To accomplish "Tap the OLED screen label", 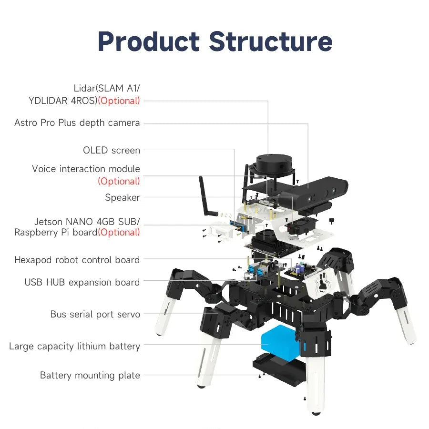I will coord(112,150).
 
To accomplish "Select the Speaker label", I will coord(123,197).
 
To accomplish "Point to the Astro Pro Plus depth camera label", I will coord(77,123).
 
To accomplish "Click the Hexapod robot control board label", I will coord(77,260).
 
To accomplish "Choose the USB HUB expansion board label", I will coord(82,282).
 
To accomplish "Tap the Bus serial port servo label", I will coord(95,314).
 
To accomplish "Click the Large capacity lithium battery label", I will coord(74,346).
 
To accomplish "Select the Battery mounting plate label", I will coord(90,375).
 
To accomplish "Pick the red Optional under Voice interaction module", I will coord(119,181).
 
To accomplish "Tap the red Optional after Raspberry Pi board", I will coord(119,233).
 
